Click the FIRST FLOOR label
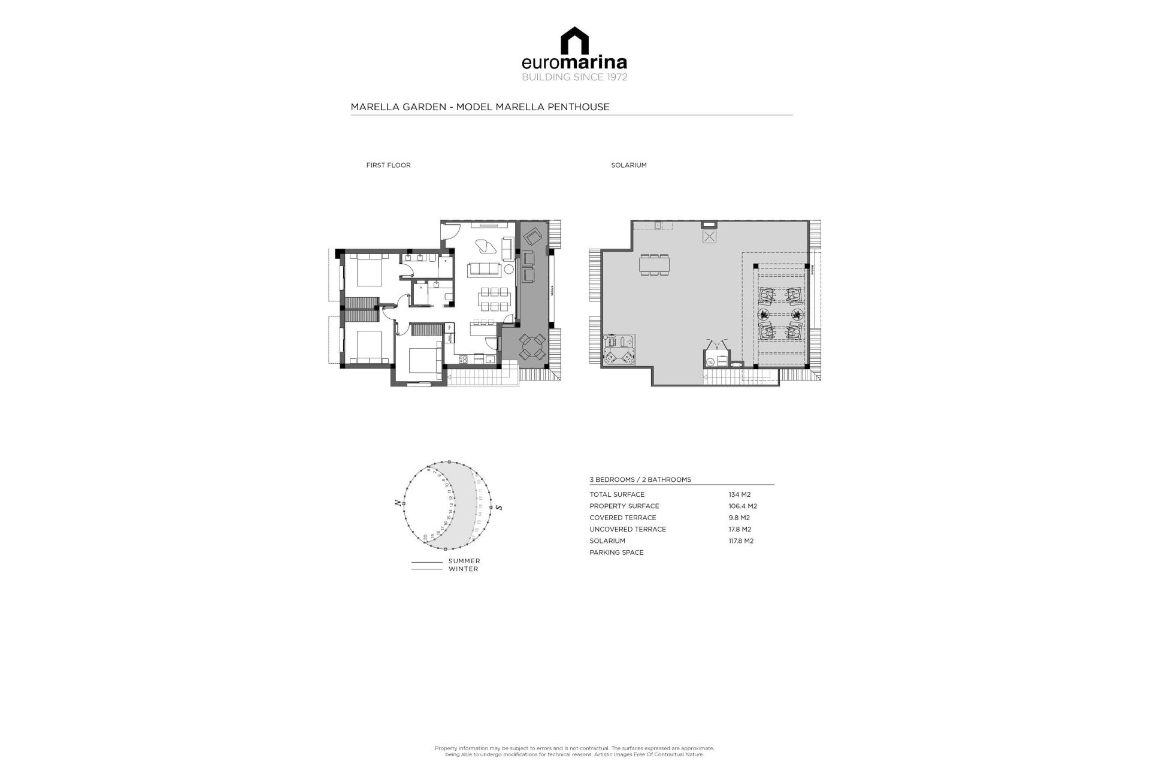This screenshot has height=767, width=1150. [x=388, y=165]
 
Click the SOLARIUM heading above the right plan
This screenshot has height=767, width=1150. [x=628, y=165]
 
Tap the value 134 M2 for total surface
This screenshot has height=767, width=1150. [x=739, y=495]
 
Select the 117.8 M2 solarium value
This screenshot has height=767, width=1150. [x=741, y=541]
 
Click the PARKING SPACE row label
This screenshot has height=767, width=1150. [x=616, y=552]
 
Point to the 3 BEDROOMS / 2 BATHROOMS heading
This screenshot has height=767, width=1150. [x=640, y=480]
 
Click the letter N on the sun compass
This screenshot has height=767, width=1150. [x=398, y=503]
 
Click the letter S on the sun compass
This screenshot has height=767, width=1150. [x=499, y=508]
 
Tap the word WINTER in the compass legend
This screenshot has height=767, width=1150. [x=464, y=569]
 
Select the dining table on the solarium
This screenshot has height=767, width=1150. [x=655, y=264]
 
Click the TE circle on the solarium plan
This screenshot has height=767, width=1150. [x=710, y=362]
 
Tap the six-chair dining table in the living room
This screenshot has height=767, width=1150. [x=494, y=300]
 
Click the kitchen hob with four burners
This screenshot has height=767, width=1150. [x=463, y=360]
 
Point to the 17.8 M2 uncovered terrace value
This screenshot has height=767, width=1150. [x=740, y=529]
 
